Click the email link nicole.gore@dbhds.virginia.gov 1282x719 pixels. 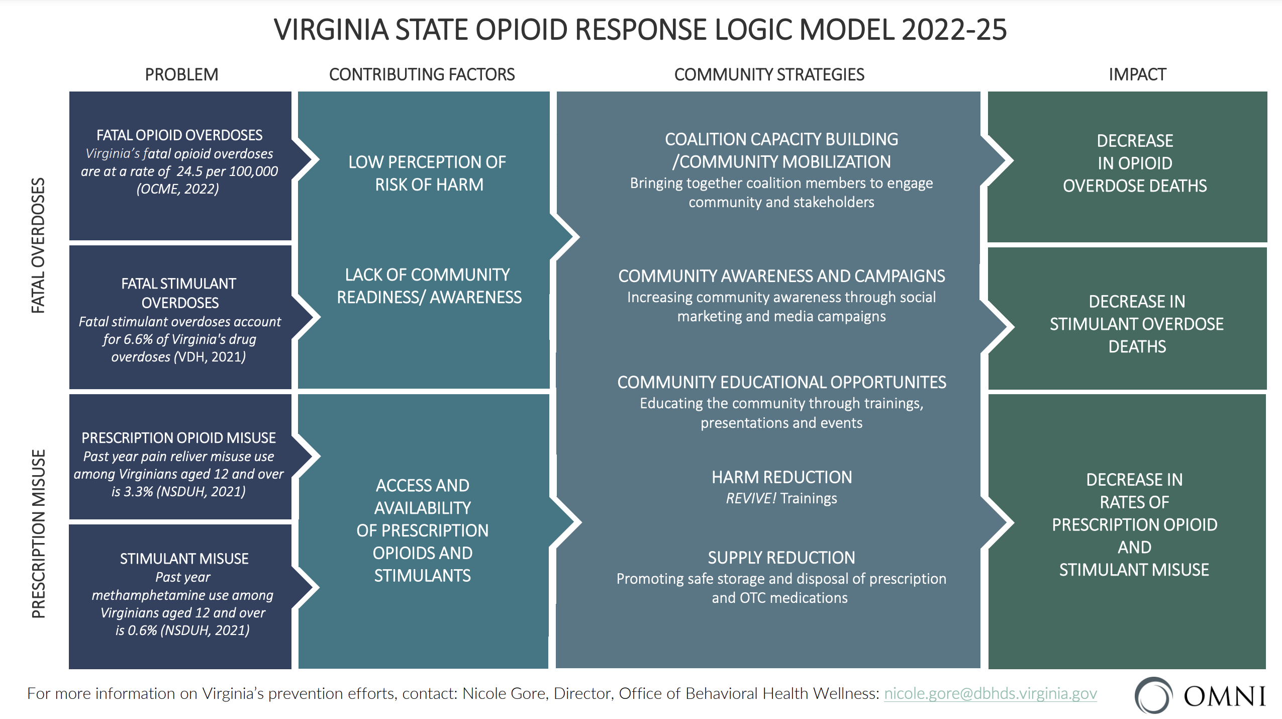pyautogui.click(x=990, y=694)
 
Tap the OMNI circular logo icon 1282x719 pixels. pyautogui.click(x=1153, y=695)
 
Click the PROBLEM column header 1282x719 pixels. pyautogui.click(x=181, y=75)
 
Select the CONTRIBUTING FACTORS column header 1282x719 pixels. pyautogui.click(x=422, y=75)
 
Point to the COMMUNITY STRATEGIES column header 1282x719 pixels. pyautogui.click(x=769, y=75)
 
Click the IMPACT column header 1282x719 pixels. pyautogui.click(x=1137, y=75)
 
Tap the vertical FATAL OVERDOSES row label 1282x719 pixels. pyautogui.click(x=38, y=245)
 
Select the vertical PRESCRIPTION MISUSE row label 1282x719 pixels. pyautogui.click(x=38, y=533)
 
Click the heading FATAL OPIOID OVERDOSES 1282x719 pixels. pyautogui.click(x=179, y=135)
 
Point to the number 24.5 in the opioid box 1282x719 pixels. pyautogui.click(x=189, y=171)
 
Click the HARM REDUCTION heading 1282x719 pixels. pyautogui.click(x=781, y=477)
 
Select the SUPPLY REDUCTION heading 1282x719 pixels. pyautogui.click(x=781, y=558)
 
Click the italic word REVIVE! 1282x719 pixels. pyautogui.click(x=751, y=498)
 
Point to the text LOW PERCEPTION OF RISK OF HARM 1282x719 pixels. pyautogui.click(x=428, y=173)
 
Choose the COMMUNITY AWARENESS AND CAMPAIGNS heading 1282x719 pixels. pyautogui.click(x=781, y=276)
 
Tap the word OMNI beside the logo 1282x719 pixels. pyautogui.click(x=1224, y=697)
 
